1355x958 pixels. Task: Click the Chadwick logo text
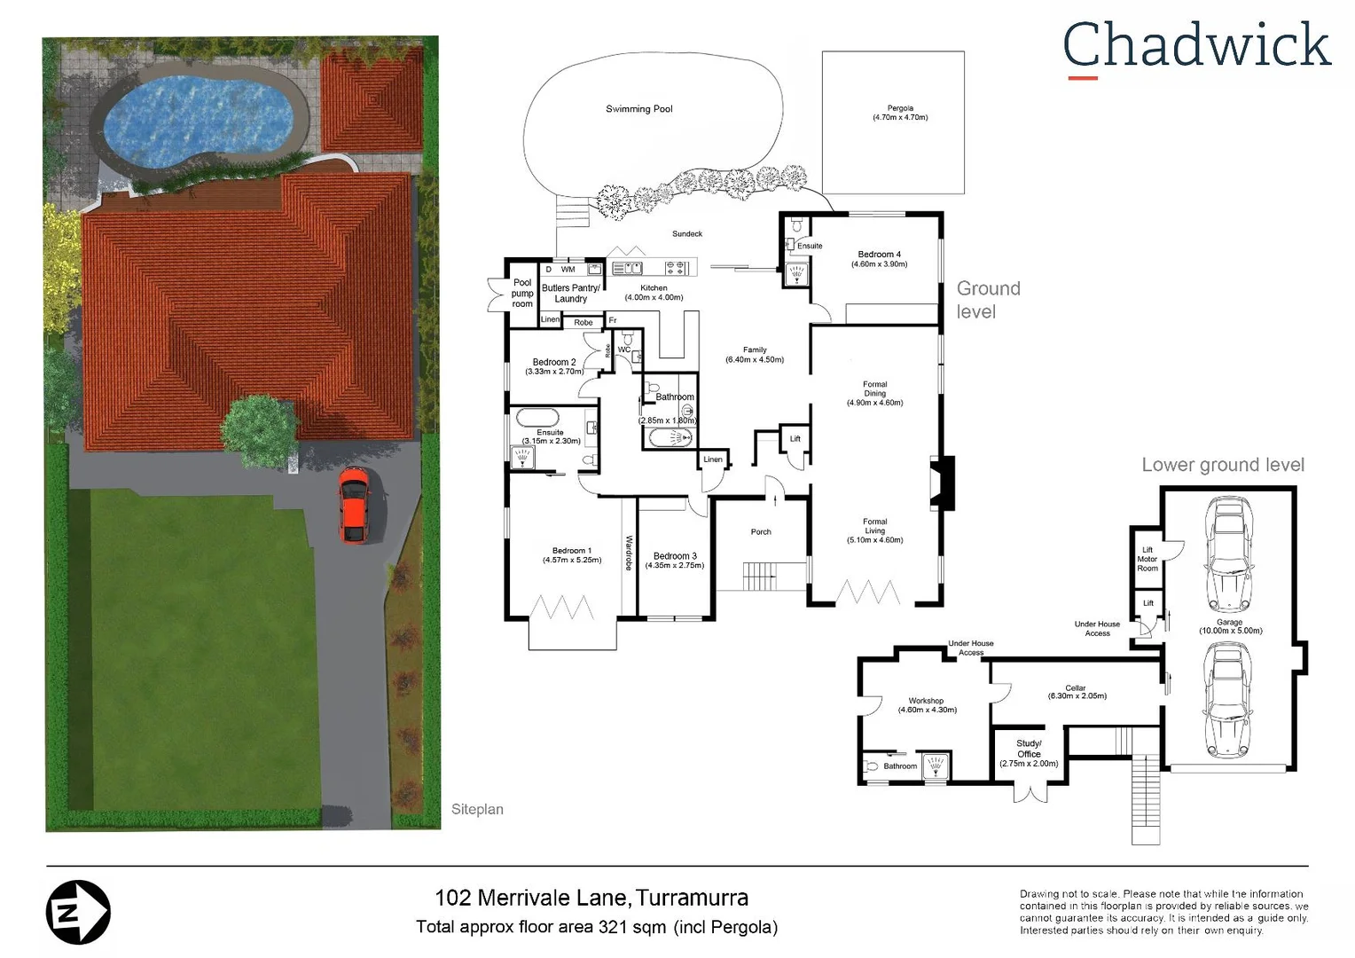1196,46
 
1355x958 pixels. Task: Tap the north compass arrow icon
78,912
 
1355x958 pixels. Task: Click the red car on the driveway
354,505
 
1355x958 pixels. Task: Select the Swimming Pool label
638,109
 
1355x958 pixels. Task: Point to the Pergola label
899,113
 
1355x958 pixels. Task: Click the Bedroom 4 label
879,259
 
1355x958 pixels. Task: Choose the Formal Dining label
874,393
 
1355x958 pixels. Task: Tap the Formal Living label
874,530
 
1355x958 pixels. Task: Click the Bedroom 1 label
572,555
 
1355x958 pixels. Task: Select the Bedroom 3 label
675,560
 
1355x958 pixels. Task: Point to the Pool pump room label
522,294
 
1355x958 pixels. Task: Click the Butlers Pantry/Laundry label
571,294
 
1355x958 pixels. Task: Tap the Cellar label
1076,691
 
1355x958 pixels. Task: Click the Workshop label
927,705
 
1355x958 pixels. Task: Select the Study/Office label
1029,753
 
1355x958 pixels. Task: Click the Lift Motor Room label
1147,559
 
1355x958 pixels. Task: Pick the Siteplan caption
477,809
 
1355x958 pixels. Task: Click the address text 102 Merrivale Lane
532,898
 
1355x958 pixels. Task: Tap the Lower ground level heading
1222,465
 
